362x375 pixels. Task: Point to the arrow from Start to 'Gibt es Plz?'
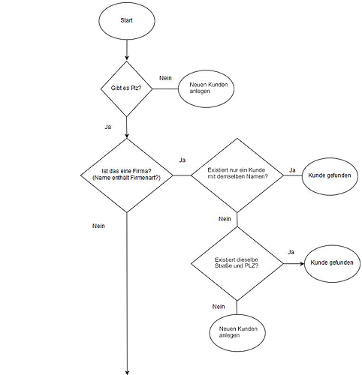click(127, 50)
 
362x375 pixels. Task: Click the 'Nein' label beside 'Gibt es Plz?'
click(165, 78)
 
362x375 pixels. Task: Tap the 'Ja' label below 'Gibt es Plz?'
click(107, 127)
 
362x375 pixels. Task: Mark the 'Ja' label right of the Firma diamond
click(183, 160)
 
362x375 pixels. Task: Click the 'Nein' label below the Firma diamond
click(98, 226)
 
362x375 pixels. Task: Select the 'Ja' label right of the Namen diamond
click(292, 170)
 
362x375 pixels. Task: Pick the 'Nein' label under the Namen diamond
click(225, 219)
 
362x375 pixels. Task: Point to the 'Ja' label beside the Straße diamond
click(291, 252)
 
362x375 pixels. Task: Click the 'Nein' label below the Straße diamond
click(219, 307)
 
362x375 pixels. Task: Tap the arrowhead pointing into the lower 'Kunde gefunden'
click(302, 263)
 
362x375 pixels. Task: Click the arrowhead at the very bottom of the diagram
click(127, 373)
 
